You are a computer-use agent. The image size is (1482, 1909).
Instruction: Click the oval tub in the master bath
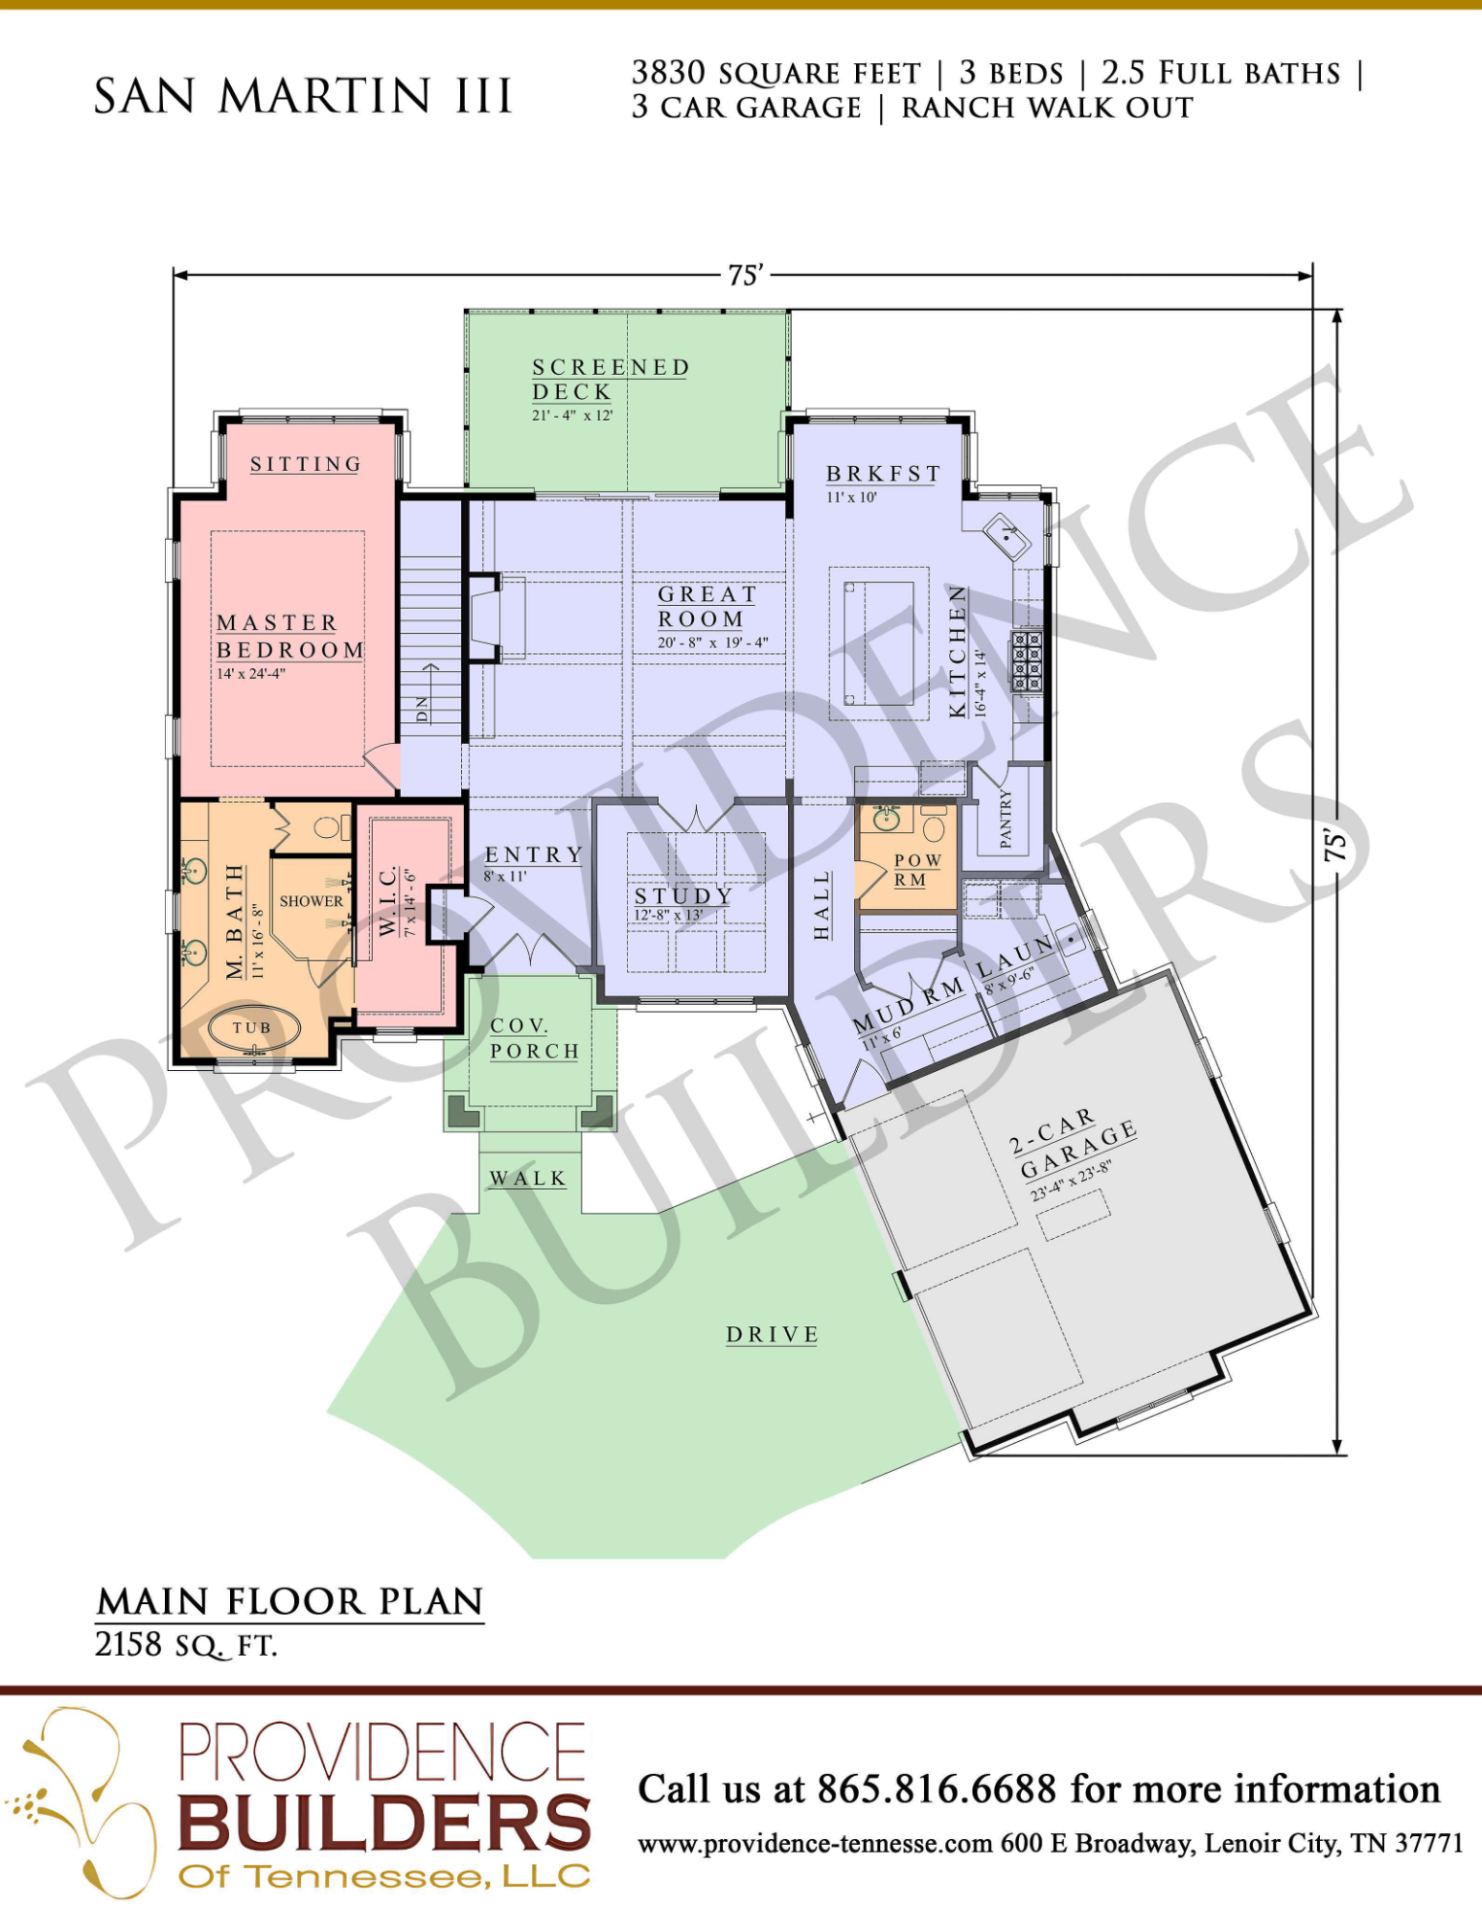(x=254, y=1030)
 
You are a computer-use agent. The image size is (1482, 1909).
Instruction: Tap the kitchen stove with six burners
(x=1027, y=661)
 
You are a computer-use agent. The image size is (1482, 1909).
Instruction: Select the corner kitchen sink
(x=1007, y=537)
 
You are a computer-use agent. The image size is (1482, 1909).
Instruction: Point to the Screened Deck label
(x=610, y=380)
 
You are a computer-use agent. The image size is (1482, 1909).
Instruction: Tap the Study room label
(x=682, y=895)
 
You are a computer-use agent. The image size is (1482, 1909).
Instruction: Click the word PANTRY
(x=1005, y=819)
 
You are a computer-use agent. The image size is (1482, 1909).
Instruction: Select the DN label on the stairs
(x=422, y=710)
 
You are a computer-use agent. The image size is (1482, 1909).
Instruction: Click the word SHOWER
(x=312, y=901)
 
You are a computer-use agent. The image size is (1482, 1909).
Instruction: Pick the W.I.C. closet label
(x=388, y=902)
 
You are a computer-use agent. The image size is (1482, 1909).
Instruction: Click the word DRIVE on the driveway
(x=773, y=1335)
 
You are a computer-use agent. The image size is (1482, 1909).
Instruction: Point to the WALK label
(x=528, y=1179)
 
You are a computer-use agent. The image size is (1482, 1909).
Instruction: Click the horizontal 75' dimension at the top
(x=745, y=276)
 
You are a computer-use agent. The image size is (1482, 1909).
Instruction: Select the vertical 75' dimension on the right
(x=1335, y=845)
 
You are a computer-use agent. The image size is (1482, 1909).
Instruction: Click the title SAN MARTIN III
(x=303, y=96)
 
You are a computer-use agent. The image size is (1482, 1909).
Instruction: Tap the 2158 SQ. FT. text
(x=186, y=1645)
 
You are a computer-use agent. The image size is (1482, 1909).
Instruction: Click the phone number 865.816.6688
(x=937, y=1789)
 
